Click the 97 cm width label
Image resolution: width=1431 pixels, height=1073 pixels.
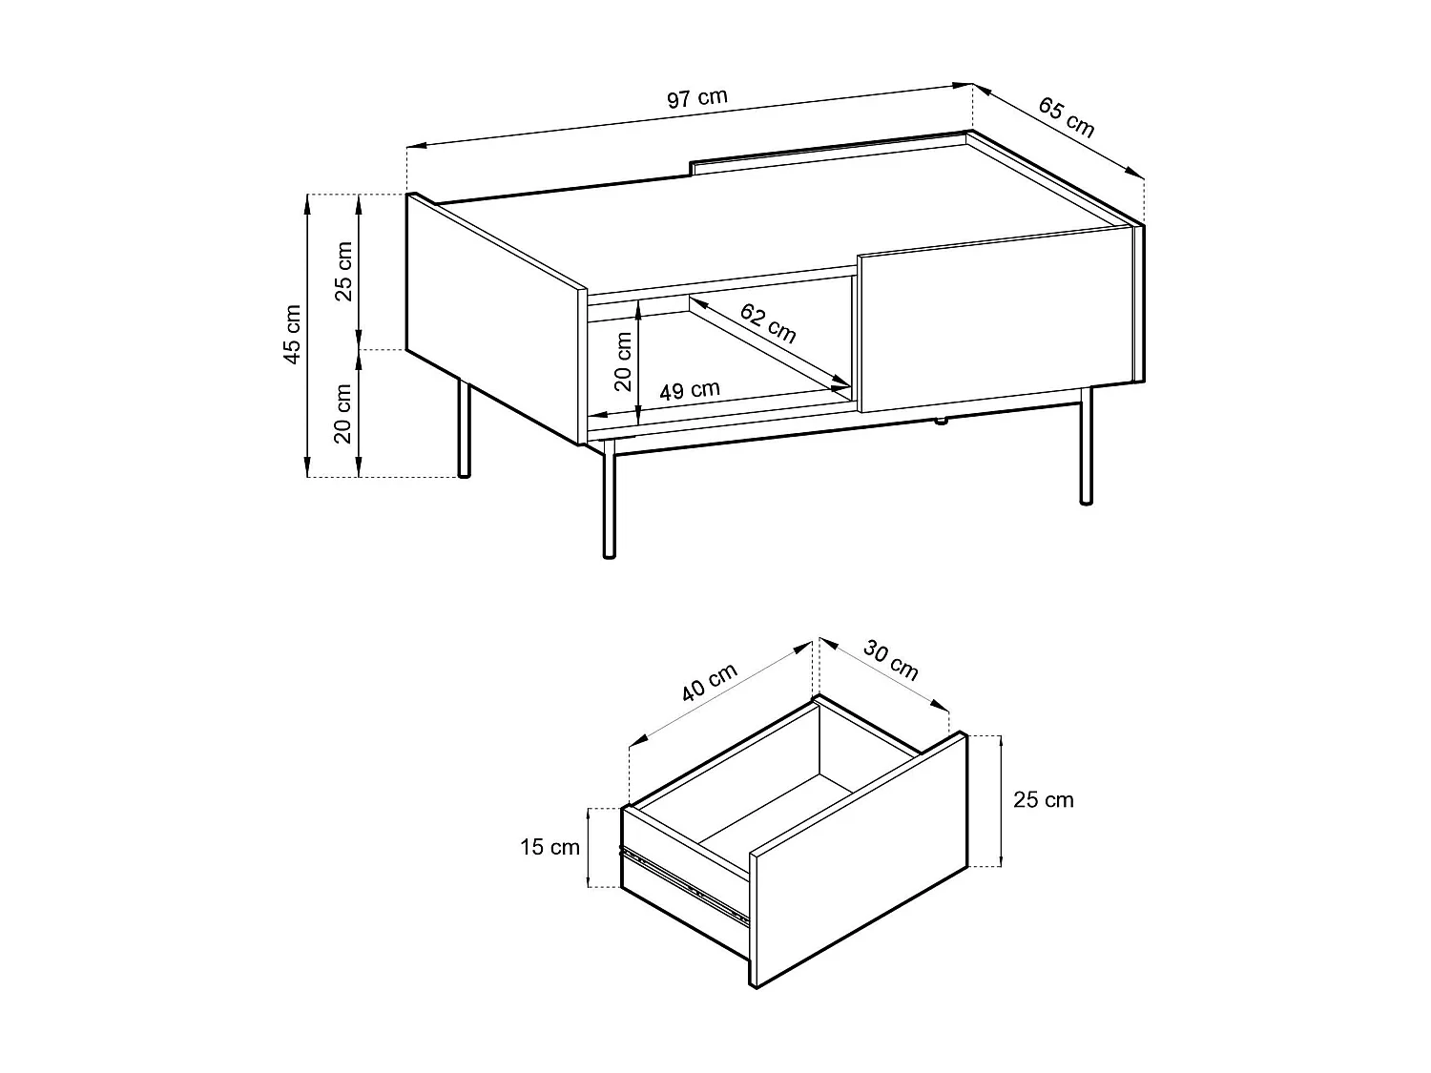(x=697, y=98)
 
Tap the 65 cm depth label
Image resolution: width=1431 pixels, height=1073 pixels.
(x=1066, y=116)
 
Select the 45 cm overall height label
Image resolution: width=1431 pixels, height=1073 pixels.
(x=293, y=335)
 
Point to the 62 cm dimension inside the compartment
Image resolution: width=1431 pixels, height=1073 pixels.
(x=767, y=322)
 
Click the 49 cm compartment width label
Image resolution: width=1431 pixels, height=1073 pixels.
(x=689, y=390)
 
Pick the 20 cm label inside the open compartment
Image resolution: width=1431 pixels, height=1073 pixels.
(x=623, y=361)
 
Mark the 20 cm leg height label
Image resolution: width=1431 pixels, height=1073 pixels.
(x=343, y=414)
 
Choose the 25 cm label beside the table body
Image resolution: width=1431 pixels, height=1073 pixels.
(x=343, y=271)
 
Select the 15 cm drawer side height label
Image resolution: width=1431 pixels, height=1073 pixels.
(x=550, y=847)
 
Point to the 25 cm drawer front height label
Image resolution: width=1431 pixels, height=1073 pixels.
(x=1043, y=800)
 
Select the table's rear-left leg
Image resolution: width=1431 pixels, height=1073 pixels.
(x=464, y=429)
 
